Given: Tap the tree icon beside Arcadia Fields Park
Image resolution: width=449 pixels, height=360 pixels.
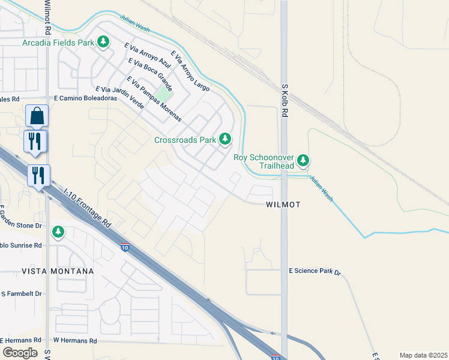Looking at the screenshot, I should pos(104,41).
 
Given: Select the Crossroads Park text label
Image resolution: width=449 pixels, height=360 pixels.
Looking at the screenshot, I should pos(185,140).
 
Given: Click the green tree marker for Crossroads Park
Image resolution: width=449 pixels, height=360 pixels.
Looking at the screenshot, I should pos(225,139).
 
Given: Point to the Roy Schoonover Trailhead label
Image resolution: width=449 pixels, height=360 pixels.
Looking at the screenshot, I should pos(264,161).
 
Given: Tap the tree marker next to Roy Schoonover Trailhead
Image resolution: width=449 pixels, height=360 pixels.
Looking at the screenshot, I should pos(304,160).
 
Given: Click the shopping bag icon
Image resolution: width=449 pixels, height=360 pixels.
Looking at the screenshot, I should pos(37,115).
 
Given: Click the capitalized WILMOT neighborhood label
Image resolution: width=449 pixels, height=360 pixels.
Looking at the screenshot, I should pos(282,205).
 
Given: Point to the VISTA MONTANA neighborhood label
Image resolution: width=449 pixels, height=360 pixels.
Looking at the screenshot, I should pos(58,271).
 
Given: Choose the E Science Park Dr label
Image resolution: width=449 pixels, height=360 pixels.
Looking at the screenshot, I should pos(315,272).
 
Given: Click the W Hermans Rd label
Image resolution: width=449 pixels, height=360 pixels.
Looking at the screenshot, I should pos(75,341).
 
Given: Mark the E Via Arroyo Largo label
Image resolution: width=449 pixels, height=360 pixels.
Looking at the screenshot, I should pos(190,71).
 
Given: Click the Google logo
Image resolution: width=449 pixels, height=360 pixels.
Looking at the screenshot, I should pos(20,353).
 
